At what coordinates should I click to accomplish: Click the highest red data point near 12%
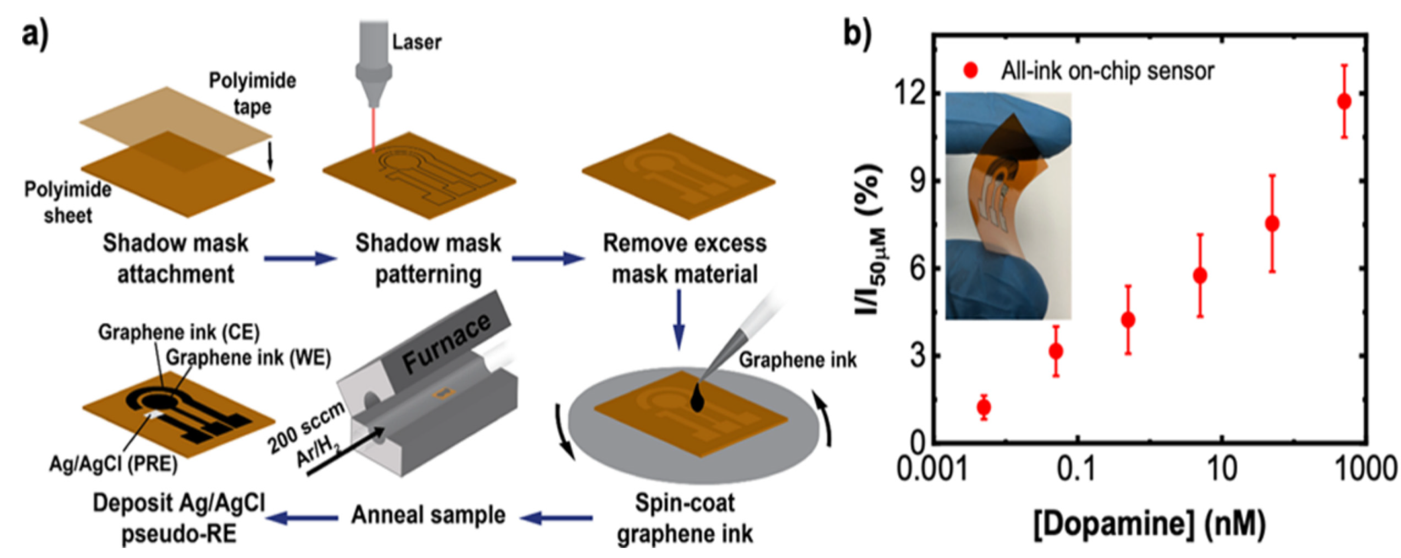pos(1344,101)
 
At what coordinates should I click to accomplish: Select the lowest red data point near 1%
pos(983,407)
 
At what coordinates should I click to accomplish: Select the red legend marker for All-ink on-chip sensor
pos(971,70)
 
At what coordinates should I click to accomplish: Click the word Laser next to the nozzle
pos(417,42)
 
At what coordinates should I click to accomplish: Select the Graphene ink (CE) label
pos(179,332)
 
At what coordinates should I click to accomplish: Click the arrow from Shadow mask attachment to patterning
pos(300,258)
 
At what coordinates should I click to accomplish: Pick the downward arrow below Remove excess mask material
pos(679,318)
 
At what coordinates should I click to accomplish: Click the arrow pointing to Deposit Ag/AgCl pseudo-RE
pos(302,518)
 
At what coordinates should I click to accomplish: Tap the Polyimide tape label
pos(252,93)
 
